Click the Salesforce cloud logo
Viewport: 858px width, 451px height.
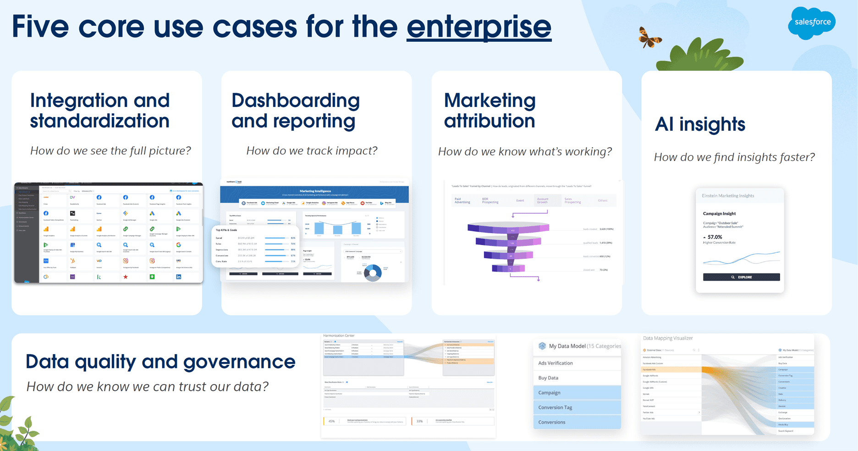(812, 22)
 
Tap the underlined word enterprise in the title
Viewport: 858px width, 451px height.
(478, 27)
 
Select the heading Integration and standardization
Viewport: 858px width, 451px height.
(100, 111)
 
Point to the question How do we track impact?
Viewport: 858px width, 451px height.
(312, 150)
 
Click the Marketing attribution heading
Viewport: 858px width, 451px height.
(489, 111)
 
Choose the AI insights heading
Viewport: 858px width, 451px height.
(700, 124)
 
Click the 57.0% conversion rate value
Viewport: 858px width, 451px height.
(715, 237)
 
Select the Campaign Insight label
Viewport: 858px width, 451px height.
(719, 213)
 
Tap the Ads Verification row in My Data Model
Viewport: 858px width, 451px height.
(555, 363)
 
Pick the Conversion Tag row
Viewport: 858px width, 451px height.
(555, 407)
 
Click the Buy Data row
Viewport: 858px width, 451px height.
(548, 378)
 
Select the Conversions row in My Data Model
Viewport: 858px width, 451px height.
(552, 422)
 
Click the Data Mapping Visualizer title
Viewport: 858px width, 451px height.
(668, 338)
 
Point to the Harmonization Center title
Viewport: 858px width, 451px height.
(339, 336)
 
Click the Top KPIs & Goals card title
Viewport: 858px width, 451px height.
(226, 230)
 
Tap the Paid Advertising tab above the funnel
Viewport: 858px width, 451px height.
(462, 200)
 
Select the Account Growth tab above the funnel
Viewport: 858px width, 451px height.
(543, 200)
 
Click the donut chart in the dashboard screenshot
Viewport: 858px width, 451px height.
(373, 273)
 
